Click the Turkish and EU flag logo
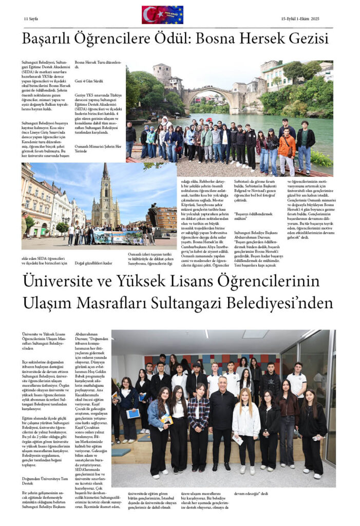tap(162, 15)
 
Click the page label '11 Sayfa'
tap(32, 18)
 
